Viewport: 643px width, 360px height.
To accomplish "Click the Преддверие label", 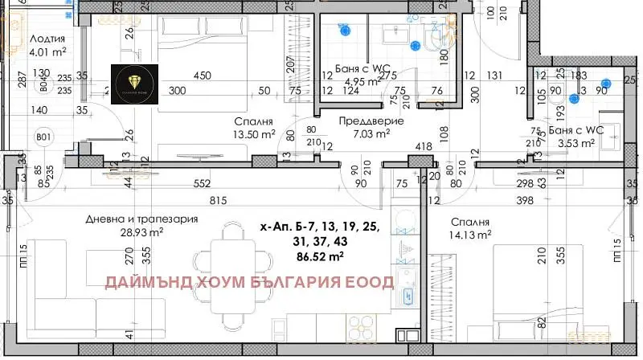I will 371,121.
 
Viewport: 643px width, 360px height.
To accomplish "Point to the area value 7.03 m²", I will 371,134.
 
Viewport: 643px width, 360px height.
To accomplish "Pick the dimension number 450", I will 202,76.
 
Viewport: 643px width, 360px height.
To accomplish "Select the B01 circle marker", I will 44,137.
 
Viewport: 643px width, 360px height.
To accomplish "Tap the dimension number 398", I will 526,199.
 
